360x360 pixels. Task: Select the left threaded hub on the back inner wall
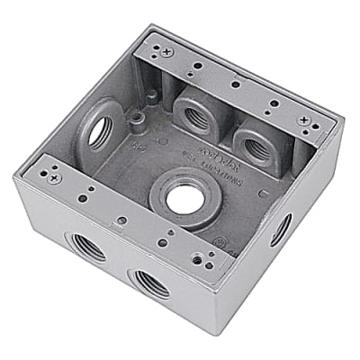pos(196,113)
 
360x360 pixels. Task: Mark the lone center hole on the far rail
pos(234,84)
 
